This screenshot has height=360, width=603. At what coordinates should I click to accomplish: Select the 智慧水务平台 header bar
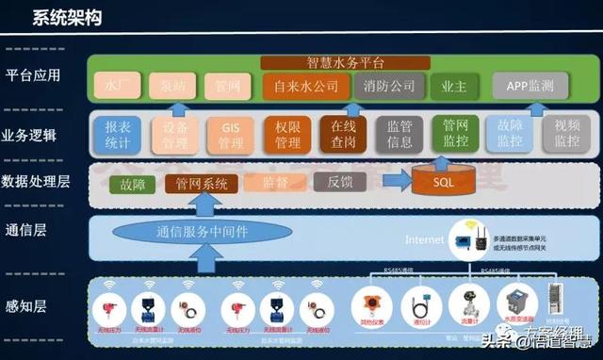click(x=346, y=63)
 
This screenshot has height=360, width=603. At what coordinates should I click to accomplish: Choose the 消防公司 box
click(x=388, y=86)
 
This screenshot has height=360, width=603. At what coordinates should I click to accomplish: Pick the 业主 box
click(x=448, y=86)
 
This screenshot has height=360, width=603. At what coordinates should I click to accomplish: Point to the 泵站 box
click(x=172, y=86)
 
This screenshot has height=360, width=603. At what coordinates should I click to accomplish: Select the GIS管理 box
click(x=231, y=135)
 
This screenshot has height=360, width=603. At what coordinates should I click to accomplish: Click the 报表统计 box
click(x=118, y=135)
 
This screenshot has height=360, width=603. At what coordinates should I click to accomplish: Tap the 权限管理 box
click(x=286, y=135)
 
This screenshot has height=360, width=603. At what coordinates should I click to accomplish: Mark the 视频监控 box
click(x=566, y=135)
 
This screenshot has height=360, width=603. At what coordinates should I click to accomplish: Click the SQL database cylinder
click(x=443, y=180)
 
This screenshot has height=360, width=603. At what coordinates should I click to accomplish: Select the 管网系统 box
click(x=202, y=184)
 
